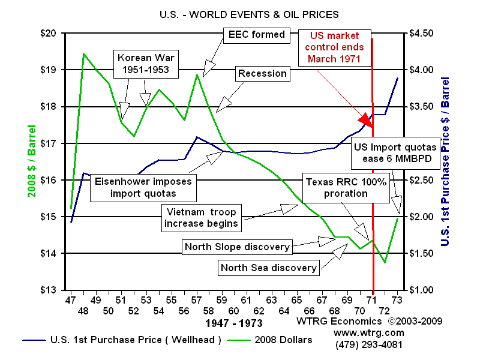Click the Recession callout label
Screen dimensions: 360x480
pos(262,74)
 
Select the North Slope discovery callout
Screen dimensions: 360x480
pos(237,247)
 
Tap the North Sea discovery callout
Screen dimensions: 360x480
pos(268,268)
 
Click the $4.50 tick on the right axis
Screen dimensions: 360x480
pos(423,33)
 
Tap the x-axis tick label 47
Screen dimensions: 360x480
pos(71,299)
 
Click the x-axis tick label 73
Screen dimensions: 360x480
pos(397,299)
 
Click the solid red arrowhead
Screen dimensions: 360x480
pos(367,119)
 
